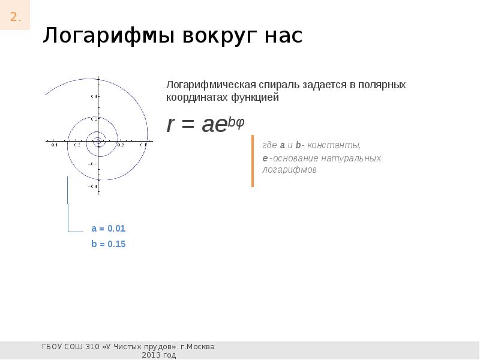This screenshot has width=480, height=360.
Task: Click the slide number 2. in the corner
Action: point(15,17)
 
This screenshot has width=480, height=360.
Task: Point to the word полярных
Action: point(382,85)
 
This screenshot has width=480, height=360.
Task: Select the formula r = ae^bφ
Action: point(205,124)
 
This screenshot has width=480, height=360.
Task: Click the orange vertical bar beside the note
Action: point(253,161)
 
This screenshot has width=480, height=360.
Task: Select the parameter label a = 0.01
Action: point(108,229)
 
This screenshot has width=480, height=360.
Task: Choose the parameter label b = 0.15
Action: point(108,244)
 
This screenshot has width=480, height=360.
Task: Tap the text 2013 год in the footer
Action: point(158,355)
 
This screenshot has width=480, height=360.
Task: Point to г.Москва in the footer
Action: point(197,347)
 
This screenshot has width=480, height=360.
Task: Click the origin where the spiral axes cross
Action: point(98,142)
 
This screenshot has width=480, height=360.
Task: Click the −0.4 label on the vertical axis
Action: point(92,187)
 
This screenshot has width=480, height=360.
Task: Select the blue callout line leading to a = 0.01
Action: point(68,210)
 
